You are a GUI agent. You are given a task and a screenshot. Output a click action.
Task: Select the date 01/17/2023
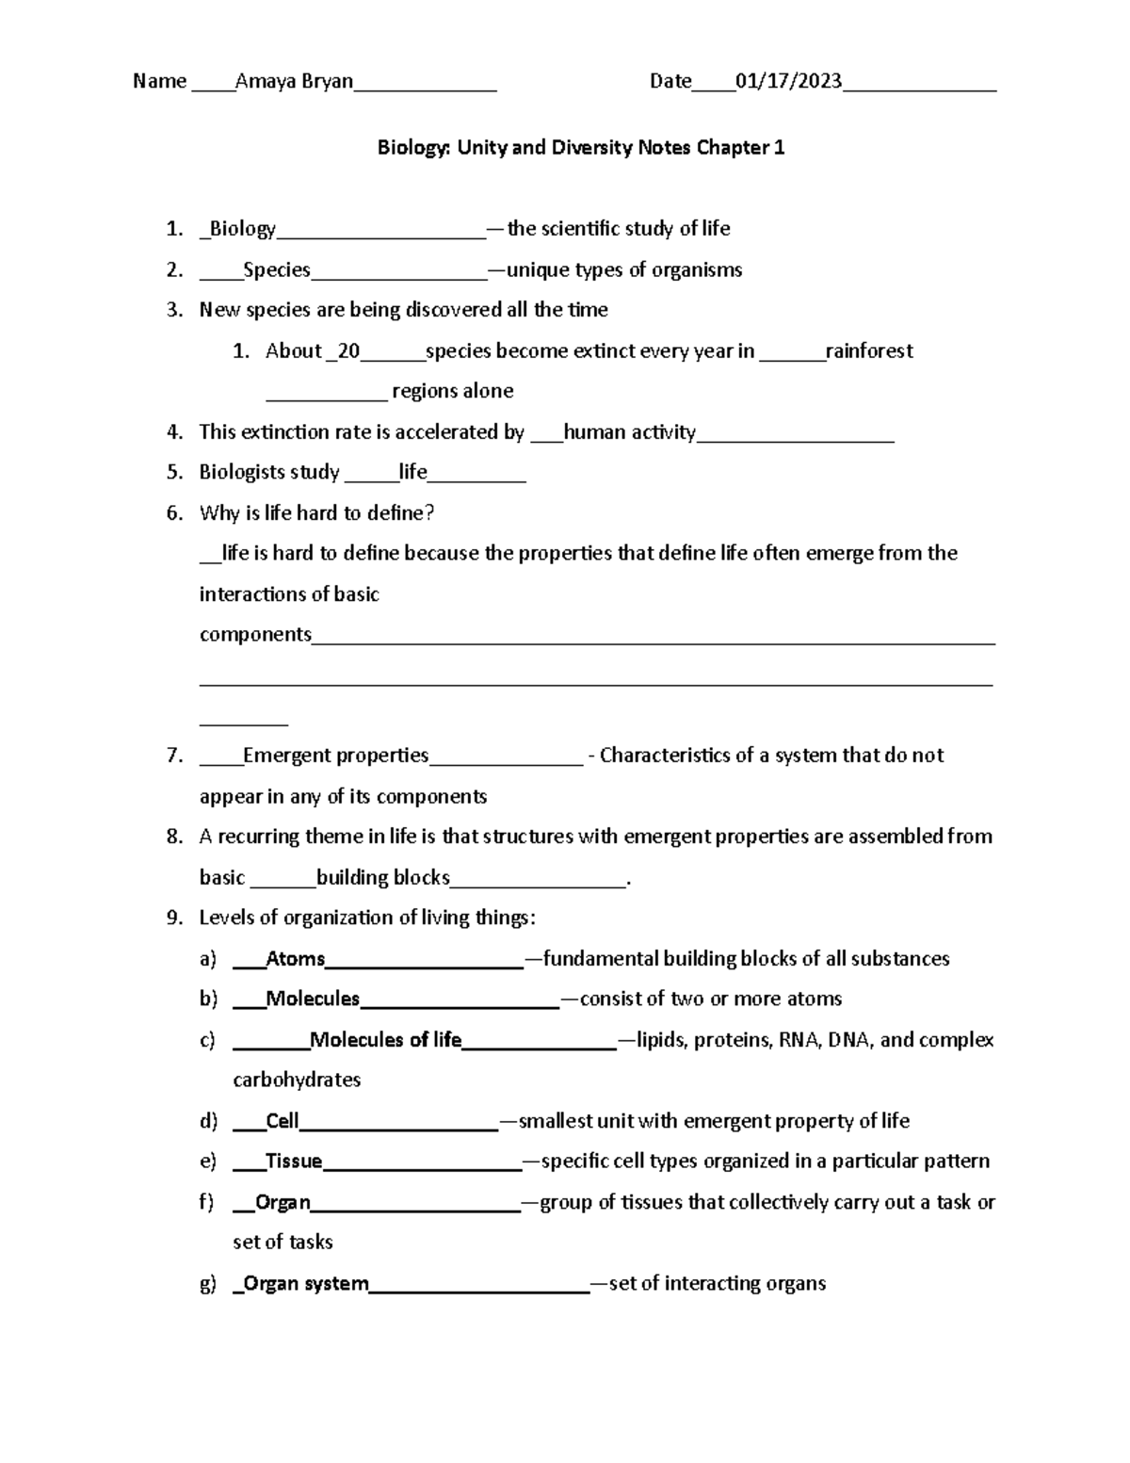[789, 82]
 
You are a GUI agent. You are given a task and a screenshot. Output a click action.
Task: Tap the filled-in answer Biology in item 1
[242, 229]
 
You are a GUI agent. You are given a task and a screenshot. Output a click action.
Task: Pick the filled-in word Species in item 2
[277, 270]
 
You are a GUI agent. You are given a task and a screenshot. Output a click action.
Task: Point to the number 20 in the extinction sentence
[348, 351]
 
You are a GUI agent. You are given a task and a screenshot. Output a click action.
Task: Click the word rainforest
[869, 351]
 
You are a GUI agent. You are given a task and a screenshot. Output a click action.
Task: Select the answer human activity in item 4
[629, 432]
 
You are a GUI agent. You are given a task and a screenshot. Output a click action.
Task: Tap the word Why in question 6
[218, 513]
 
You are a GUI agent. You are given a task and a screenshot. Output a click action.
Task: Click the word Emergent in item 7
[286, 756]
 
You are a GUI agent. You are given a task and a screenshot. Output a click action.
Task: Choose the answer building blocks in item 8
[383, 878]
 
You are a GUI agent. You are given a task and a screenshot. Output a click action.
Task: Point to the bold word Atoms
[296, 959]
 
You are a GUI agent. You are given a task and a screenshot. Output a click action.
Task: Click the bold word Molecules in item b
[313, 999]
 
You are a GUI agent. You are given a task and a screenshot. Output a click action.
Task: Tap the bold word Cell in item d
[282, 1121]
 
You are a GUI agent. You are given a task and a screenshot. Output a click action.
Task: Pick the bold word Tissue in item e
[294, 1162]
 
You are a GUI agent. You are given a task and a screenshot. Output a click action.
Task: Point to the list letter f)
[207, 1202]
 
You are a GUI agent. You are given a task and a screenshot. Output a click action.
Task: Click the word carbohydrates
[297, 1080]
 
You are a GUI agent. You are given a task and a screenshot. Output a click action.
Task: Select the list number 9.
[174, 918]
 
